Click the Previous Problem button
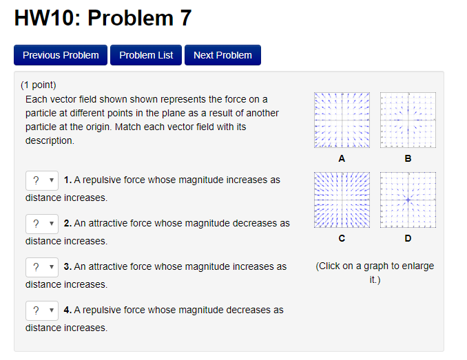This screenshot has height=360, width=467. coord(61,55)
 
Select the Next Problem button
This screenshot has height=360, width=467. coord(222,55)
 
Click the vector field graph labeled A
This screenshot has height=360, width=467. coord(342,120)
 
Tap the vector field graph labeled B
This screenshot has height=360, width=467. coord(408,120)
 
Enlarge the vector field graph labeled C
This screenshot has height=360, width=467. coord(342,200)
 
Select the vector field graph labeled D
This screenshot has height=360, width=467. coord(408,200)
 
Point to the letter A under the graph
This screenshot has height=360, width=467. coord(342,158)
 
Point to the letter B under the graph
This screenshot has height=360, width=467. coord(408,158)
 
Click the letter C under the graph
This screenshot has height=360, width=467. coord(342,238)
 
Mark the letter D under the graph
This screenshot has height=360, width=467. coord(408,238)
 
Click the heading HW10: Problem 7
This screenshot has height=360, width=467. coord(103,19)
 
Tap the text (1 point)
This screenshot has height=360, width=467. coord(38,85)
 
